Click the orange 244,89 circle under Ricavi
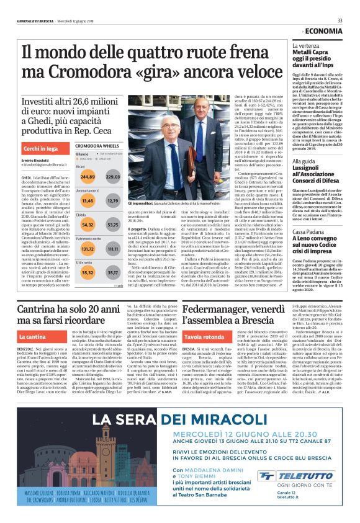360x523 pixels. pyautogui.click(x=88, y=177)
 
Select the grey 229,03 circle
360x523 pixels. pyautogui.click(x=112, y=177)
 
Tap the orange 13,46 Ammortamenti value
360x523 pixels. pyautogui.click(x=88, y=200)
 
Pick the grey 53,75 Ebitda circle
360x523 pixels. pyautogui.click(x=112, y=224)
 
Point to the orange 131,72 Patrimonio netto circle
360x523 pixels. pyautogui.click(x=88, y=248)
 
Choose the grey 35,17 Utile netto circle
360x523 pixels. pyautogui.click(x=112, y=272)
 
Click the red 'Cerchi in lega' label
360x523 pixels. pyautogui.click(x=41, y=149)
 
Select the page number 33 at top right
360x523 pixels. pyautogui.click(x=340, y=20)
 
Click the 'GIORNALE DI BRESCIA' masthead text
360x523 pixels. pyautogui.click(x=35, y=21)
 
